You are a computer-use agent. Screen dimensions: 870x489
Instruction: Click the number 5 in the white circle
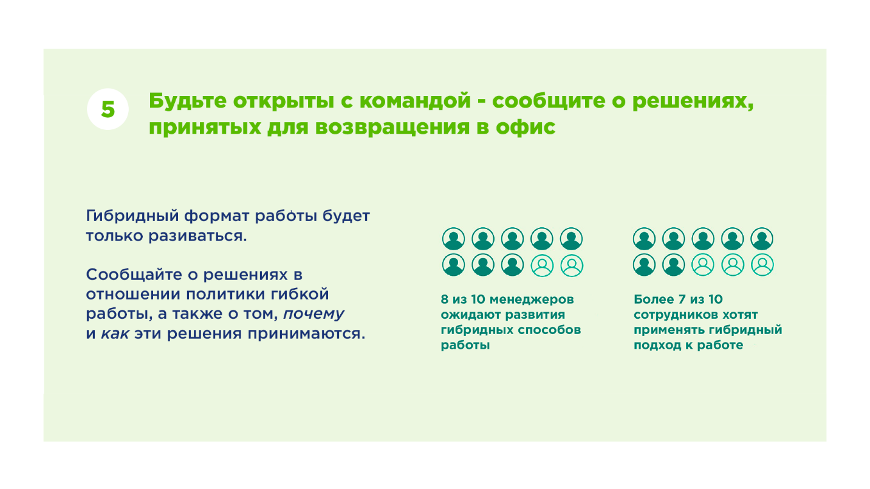pyautogui.click(x=108, y=109)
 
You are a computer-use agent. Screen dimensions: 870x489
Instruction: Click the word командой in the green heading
pyautogui.click(x=415, y=101)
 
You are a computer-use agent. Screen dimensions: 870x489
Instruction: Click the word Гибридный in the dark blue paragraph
pyautogui.click(x=132, y=216)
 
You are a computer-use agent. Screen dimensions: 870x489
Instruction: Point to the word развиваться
pyautogui.click(x=197, y=236)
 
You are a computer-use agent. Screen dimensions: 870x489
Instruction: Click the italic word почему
pyautogui.click(x=313, y=314)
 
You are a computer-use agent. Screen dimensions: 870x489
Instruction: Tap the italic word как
pyautogui.click(x=115, y=334)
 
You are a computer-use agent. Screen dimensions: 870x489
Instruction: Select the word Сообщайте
pyautogui.click(x=134, y=275)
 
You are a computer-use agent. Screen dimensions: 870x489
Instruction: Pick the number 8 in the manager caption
pyautogui.click(x=444, y=299)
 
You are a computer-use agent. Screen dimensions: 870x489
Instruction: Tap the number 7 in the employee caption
pyautogui.click(x=682, y=299)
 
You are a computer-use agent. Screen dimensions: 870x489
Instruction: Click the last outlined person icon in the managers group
pyautogui.click(x=571, y=265)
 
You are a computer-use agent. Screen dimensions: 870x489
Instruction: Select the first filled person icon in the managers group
pyautogui.click(x=453, y=239)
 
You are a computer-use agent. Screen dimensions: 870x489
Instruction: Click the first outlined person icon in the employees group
pyautogui.click(x=703, y=265)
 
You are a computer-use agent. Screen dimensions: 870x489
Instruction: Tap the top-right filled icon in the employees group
pyautogui.click(x=762, y=239)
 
